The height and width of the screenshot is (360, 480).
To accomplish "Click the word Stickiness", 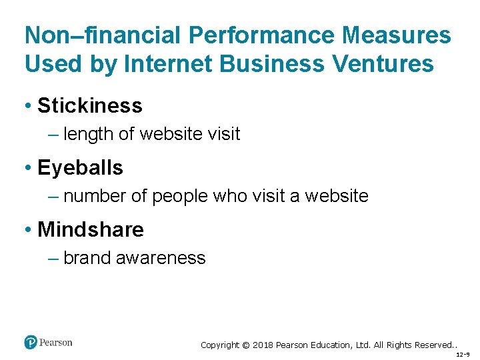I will point(89,105).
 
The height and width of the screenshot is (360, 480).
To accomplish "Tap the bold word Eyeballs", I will point(80,167).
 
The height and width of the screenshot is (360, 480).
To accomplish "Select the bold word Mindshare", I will point(90,229).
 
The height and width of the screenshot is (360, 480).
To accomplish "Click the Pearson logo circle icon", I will point(31,343).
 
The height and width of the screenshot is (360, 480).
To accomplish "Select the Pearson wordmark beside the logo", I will point(56,343).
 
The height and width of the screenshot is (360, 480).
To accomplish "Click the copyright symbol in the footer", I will point(245,345).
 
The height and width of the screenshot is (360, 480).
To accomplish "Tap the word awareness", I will point(161,258).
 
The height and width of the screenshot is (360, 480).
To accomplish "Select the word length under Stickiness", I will point(89,134).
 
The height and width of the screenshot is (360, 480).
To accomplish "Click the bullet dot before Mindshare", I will point(28,230).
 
